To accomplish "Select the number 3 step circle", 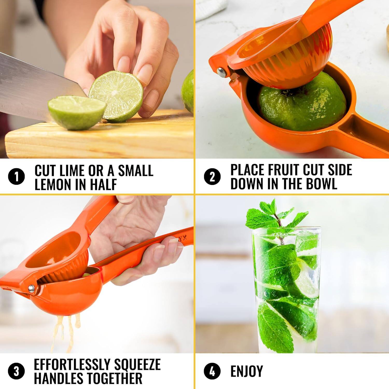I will coord(16,371).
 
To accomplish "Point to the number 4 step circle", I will coord(212,371).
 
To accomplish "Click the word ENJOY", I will coord(247,371).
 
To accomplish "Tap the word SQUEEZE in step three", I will coord(137,365).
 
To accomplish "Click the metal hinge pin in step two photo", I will coord(221,72).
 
